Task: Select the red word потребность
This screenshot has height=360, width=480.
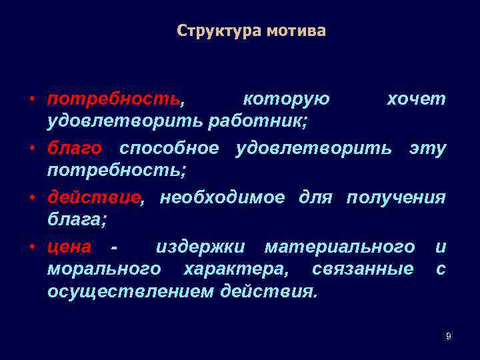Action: tap(113, 99)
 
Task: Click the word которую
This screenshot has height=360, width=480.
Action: tap(286, 99)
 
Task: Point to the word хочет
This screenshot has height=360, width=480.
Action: tap(416, 99)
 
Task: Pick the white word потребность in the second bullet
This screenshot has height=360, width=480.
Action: tap(116, 170)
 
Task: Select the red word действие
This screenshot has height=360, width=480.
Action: tap(94, 197)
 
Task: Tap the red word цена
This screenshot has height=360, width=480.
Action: tap(69, 247)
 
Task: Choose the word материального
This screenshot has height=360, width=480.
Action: tap(339, 247)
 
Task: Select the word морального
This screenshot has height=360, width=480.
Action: tap(104, 269)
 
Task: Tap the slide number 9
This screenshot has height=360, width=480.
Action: tap(448, 337)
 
